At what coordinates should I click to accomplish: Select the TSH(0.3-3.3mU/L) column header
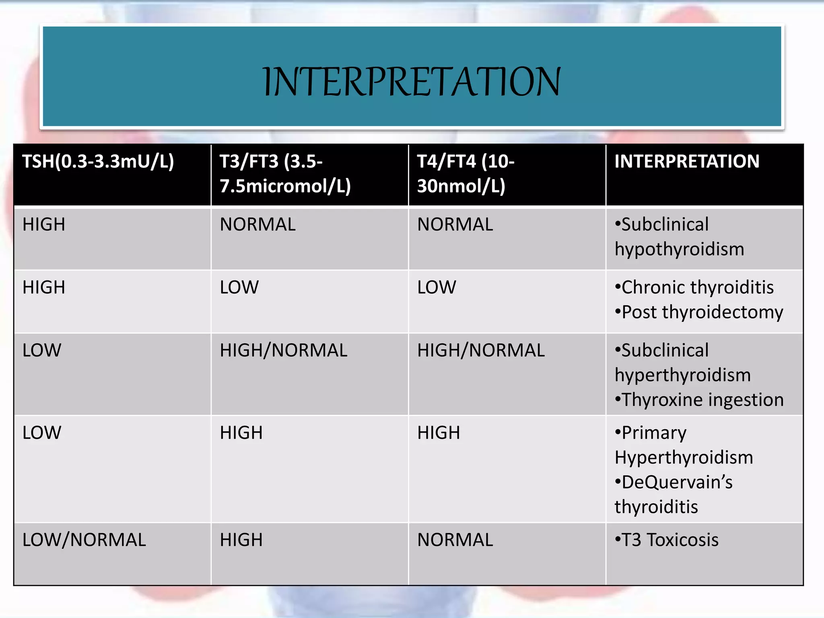(x=98, y=162)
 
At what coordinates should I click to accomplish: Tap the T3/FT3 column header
(x=285, y=174)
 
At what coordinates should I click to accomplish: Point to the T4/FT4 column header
(x=466, y=174)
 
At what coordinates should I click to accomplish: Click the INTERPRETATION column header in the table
(x=686, y=162)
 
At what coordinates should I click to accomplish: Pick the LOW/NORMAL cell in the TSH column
(x=84, y=540)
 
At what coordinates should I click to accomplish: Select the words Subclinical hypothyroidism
(x=679, y=237)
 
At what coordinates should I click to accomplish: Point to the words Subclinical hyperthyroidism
(x=682, y=363)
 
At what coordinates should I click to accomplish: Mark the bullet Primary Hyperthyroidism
(x=683, y=445)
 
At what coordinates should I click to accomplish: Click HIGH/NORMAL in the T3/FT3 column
(x=283, y=350)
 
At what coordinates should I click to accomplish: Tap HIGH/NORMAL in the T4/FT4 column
(x=481, y=350)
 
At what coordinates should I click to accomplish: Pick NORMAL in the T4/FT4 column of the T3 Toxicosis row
(x=455, y=540)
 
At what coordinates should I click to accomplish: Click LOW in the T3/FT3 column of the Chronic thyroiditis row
(x=239, y=288)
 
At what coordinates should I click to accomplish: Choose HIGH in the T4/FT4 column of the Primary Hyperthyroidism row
(x=439, y=433)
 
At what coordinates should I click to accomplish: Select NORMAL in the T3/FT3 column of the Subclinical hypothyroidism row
(x=257, y=225)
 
